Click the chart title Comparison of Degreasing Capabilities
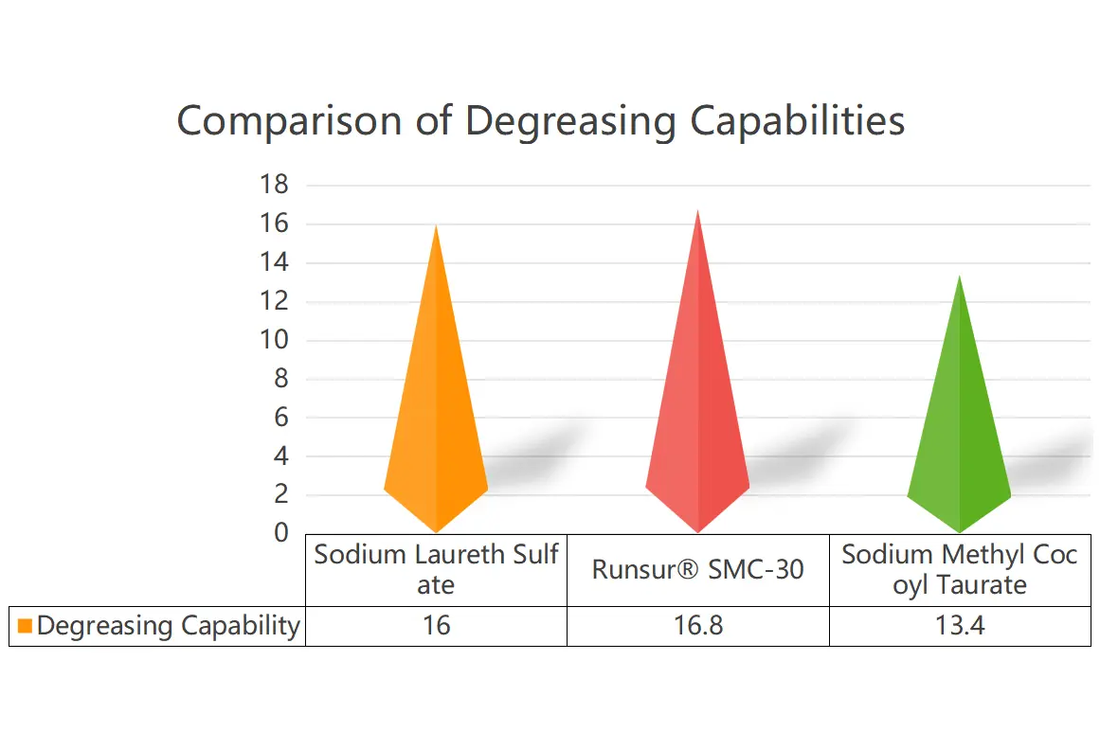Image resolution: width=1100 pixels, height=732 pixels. pos(540,122)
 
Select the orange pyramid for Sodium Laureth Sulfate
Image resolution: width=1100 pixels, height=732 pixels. pos(436,398)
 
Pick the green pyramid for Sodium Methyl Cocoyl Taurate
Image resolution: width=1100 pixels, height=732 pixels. pos(959,426)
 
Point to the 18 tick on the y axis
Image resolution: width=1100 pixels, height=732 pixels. pos(274,186)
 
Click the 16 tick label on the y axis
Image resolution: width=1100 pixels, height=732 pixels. pos(274,224)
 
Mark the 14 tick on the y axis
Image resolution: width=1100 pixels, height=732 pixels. pos(274,263)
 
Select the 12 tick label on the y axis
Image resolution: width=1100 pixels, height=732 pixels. pos(274,302)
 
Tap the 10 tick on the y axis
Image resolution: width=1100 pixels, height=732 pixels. pos(274,340)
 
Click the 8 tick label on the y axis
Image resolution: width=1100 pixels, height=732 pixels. pos(280,379)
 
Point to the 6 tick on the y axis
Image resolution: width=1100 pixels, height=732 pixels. pos(280,418)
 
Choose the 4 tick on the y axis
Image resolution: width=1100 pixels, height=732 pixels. pos(280,456)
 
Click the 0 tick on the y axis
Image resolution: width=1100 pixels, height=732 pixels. pos(280,533)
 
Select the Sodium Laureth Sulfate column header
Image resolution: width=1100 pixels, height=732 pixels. pos(436,569)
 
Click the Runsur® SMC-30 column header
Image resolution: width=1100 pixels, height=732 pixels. pos(697,569)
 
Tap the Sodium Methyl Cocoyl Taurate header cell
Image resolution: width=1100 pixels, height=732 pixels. pos(959,569)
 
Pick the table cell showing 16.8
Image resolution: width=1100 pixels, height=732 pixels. pos(697,626)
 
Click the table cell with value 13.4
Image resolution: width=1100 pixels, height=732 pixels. pos(959,626)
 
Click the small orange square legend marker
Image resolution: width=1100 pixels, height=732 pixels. pos(25,626)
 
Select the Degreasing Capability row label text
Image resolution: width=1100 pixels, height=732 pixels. pos(168,626)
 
